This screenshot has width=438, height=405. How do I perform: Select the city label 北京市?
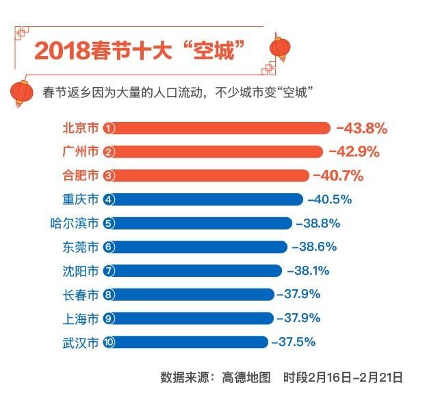point(80,127)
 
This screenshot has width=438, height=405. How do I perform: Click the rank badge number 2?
point(109,151)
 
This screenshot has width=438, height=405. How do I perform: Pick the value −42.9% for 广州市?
point(354,151)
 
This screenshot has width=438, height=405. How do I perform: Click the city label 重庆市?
point(80,199)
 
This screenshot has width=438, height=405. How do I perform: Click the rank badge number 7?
point(109,271)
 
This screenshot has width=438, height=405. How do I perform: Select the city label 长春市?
point(80,295)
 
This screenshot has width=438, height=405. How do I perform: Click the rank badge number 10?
point(109,342)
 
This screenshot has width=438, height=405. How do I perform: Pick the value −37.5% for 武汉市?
point(294,342)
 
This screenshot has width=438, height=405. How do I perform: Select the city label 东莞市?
point(80,247)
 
